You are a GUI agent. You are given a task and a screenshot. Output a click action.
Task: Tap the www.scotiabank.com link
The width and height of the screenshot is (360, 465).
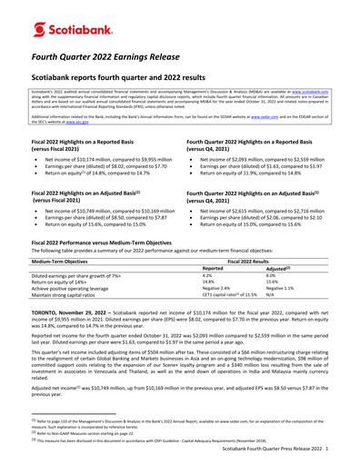[x=328, y=93]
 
